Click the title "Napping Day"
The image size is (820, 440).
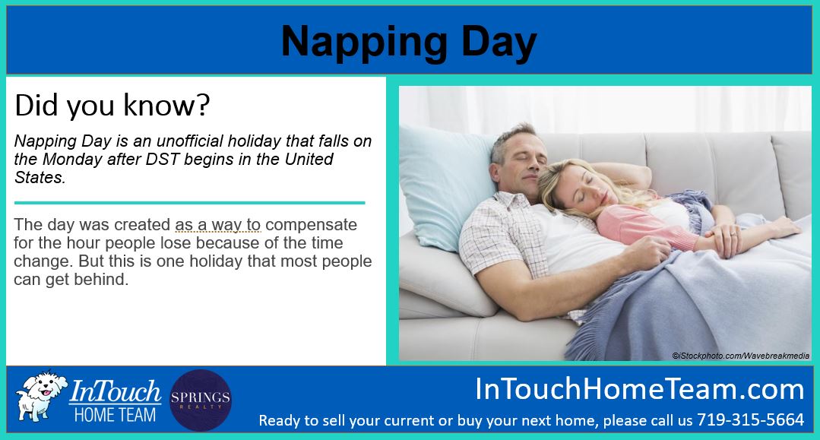[x=409, y=42]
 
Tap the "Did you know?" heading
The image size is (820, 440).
[x=112, y=105]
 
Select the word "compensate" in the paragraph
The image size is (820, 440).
[x=311, y=226]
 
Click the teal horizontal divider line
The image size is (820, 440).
[x=189, y=202]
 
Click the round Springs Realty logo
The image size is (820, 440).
[x=201, y=400]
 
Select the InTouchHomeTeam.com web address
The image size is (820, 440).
[x=639, y=389]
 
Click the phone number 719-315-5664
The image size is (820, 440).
[x=750, y=419]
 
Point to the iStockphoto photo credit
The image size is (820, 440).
[x=740, y=356]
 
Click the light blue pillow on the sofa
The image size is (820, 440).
[x=445, y=185]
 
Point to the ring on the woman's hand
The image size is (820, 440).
[x=733, y=235]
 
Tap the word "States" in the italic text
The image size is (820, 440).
[x=38, y=177]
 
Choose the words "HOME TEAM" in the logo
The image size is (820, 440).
[x=115, y=415]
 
